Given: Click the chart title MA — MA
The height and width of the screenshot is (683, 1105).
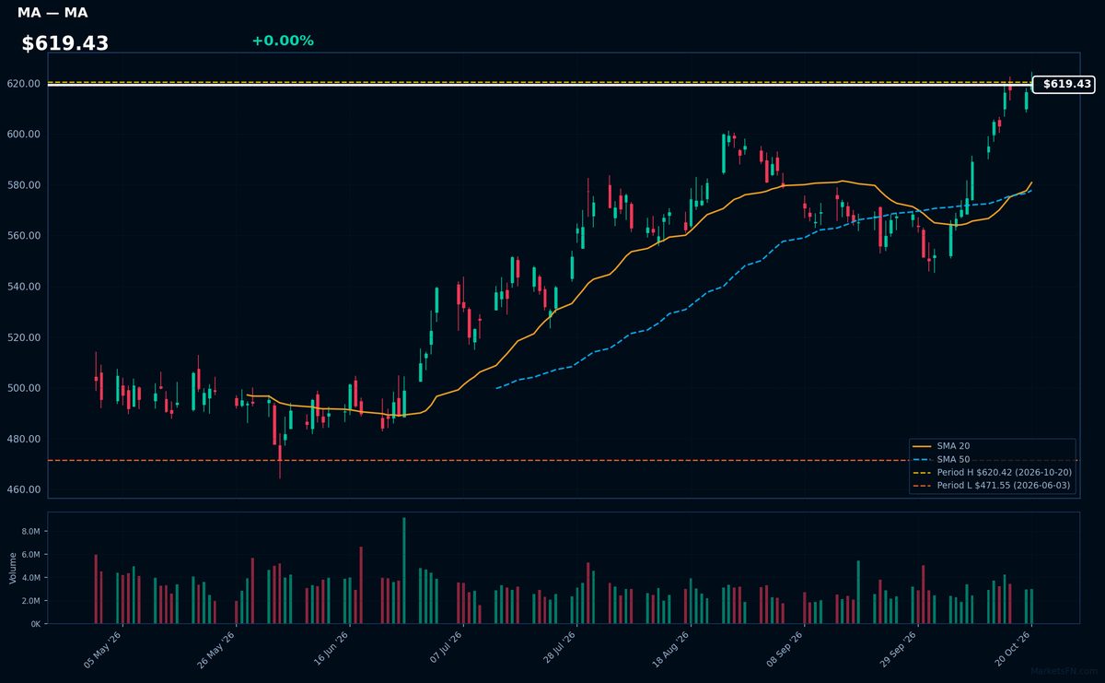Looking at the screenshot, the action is tap(52, 12).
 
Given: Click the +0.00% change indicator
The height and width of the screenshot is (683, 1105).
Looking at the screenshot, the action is tap(283, 41).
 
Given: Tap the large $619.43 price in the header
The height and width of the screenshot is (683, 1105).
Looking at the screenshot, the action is tap(65, 43).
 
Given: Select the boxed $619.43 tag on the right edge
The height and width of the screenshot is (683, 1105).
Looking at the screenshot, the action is tap(1064, 84).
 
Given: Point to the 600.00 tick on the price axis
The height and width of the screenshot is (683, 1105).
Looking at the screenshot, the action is tap(24, 135).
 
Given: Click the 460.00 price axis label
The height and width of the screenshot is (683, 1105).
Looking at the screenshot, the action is tap(24, 490).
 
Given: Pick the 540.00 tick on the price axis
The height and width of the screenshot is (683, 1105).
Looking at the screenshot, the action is tap(24, 287).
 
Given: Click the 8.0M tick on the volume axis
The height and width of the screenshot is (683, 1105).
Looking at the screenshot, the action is tap(30, 532).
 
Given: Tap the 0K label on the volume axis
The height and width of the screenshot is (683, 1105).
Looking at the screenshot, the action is tap(36, 624).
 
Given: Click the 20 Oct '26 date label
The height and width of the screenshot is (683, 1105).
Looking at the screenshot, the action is tap(1013, 649).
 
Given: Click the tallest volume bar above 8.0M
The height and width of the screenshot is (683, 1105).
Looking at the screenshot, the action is tap(404, 571).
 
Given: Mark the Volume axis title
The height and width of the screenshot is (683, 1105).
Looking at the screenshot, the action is tap(13, 569).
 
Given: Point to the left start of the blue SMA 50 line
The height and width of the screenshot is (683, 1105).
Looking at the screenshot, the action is tap(496, 388).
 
